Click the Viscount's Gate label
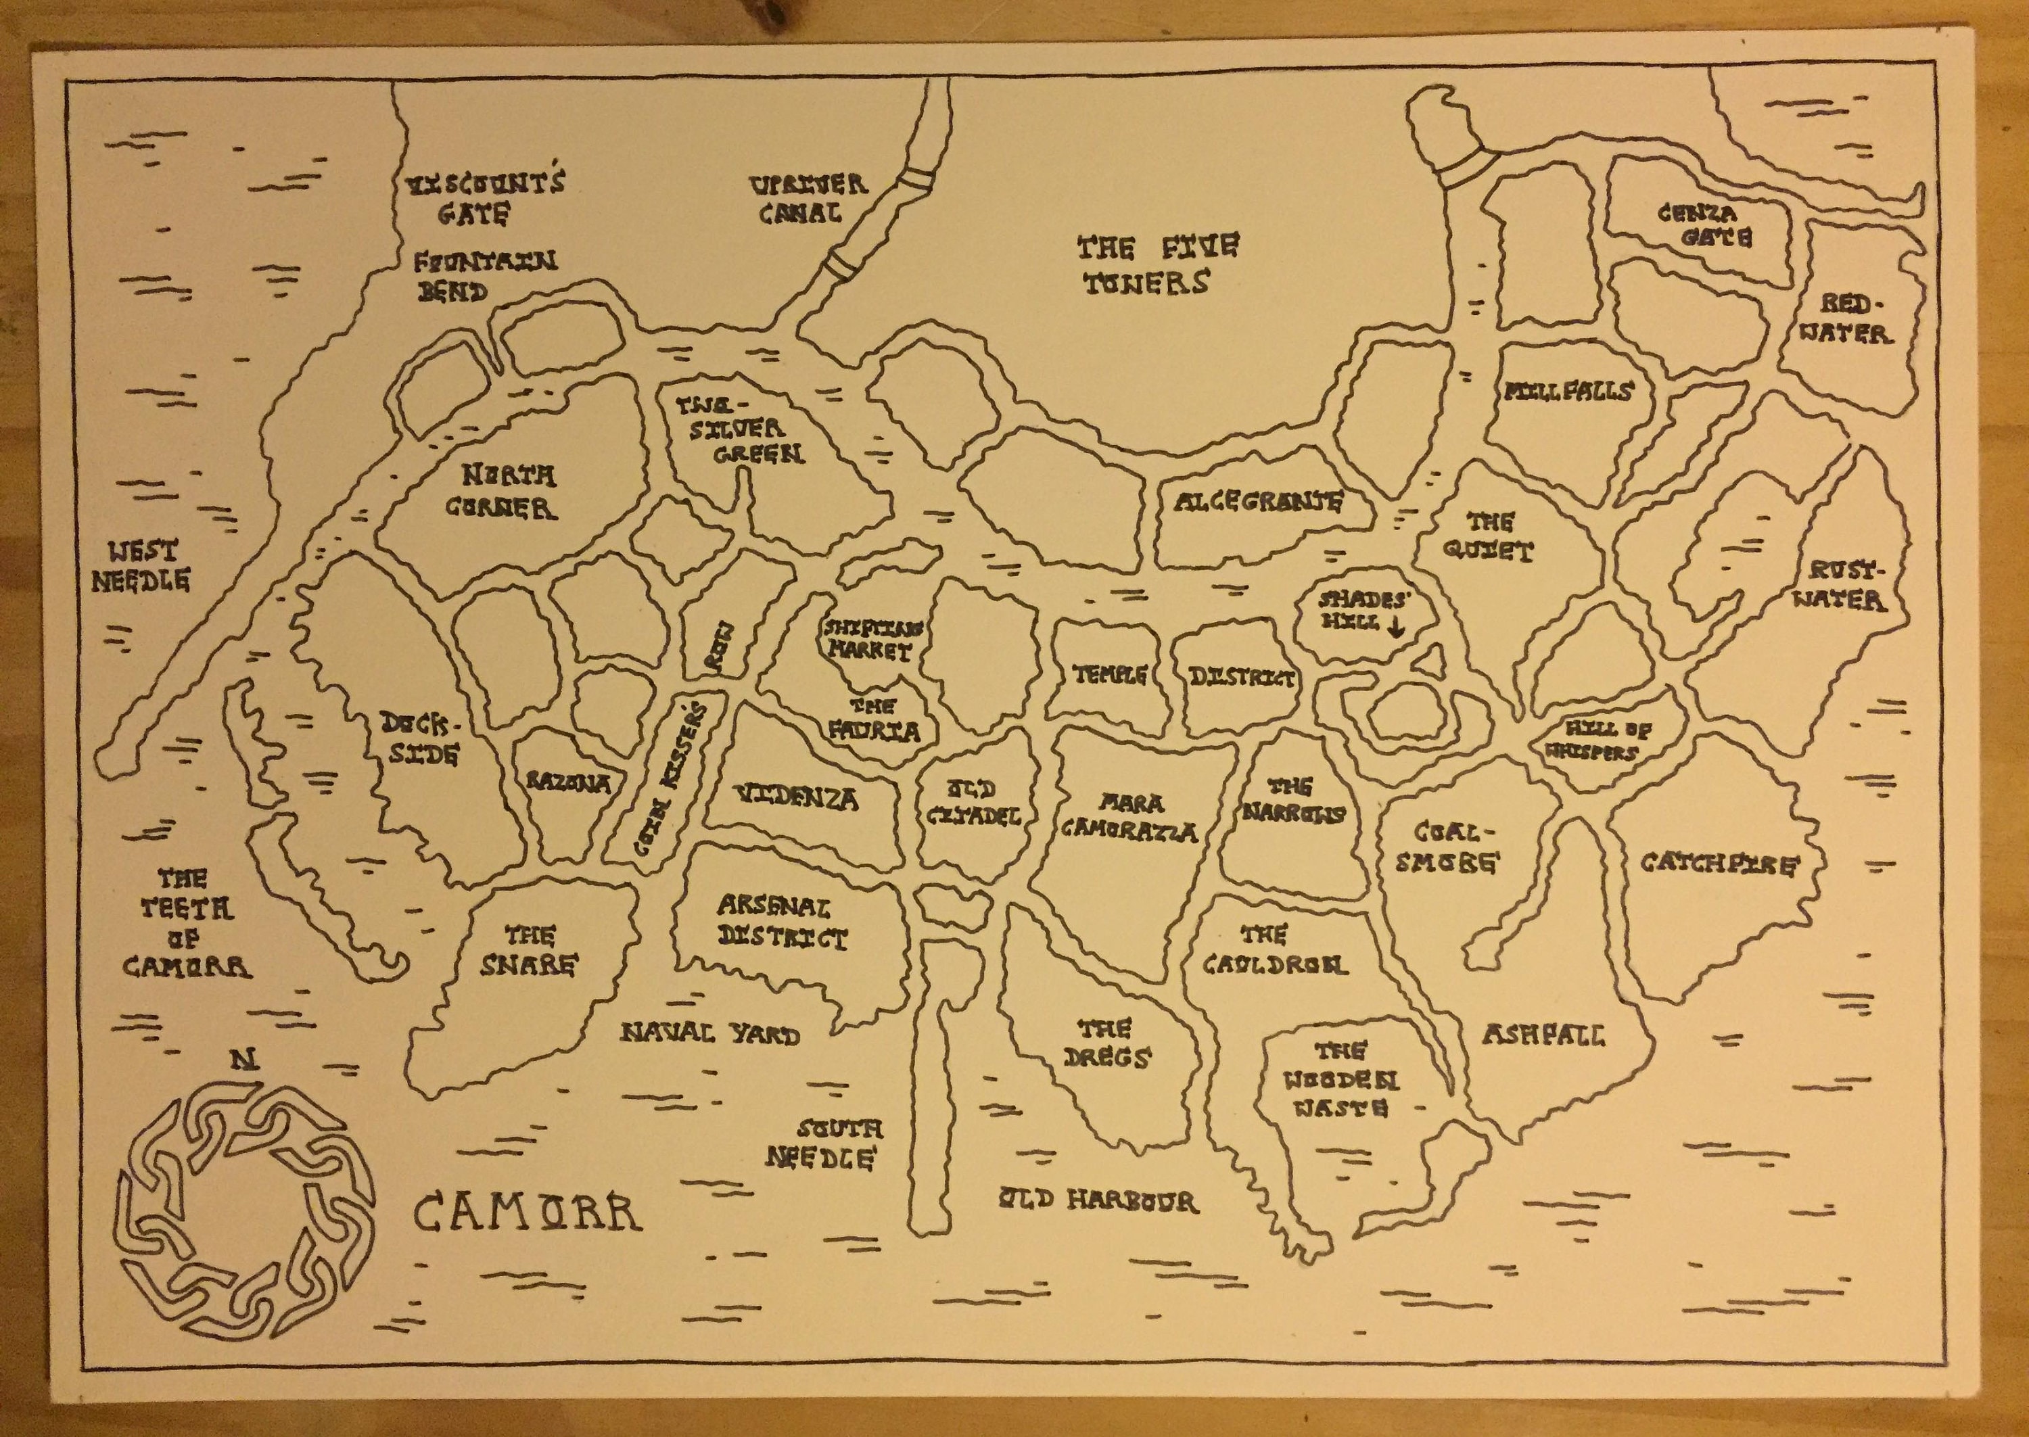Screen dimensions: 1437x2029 point(483,198)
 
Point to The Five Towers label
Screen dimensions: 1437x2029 point(1157,264)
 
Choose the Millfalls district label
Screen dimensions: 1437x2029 point(1567,390)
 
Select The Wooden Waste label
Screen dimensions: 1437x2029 point(1341,1079)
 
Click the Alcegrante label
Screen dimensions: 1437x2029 point(1257,502)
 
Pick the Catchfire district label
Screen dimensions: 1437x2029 point(1719,863)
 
